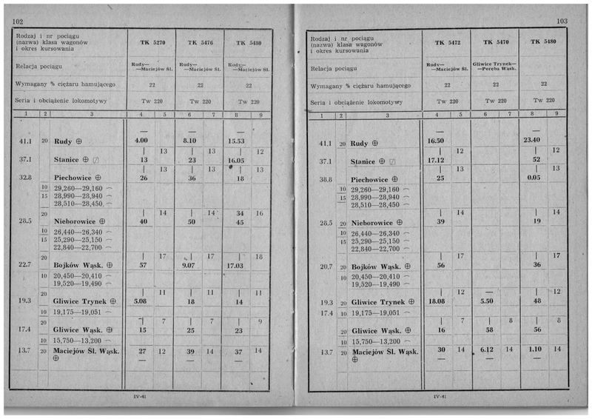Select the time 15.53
(x=237, y=141)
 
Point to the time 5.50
(x=485, y=302)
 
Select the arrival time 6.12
(x=485, y=349)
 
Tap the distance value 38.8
(x=325, y=178)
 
